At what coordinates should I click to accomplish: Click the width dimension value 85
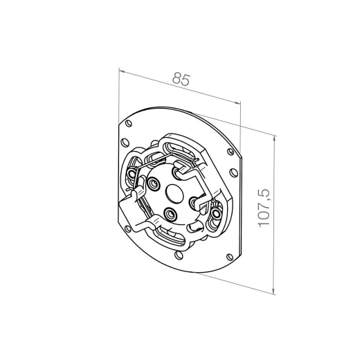pyautogui.click(x=181, y=80)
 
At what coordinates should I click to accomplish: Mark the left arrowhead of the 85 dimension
pyautogui.click(x=121, y=70)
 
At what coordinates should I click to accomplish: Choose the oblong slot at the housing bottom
pyautogui.click(x=173, y=240)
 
